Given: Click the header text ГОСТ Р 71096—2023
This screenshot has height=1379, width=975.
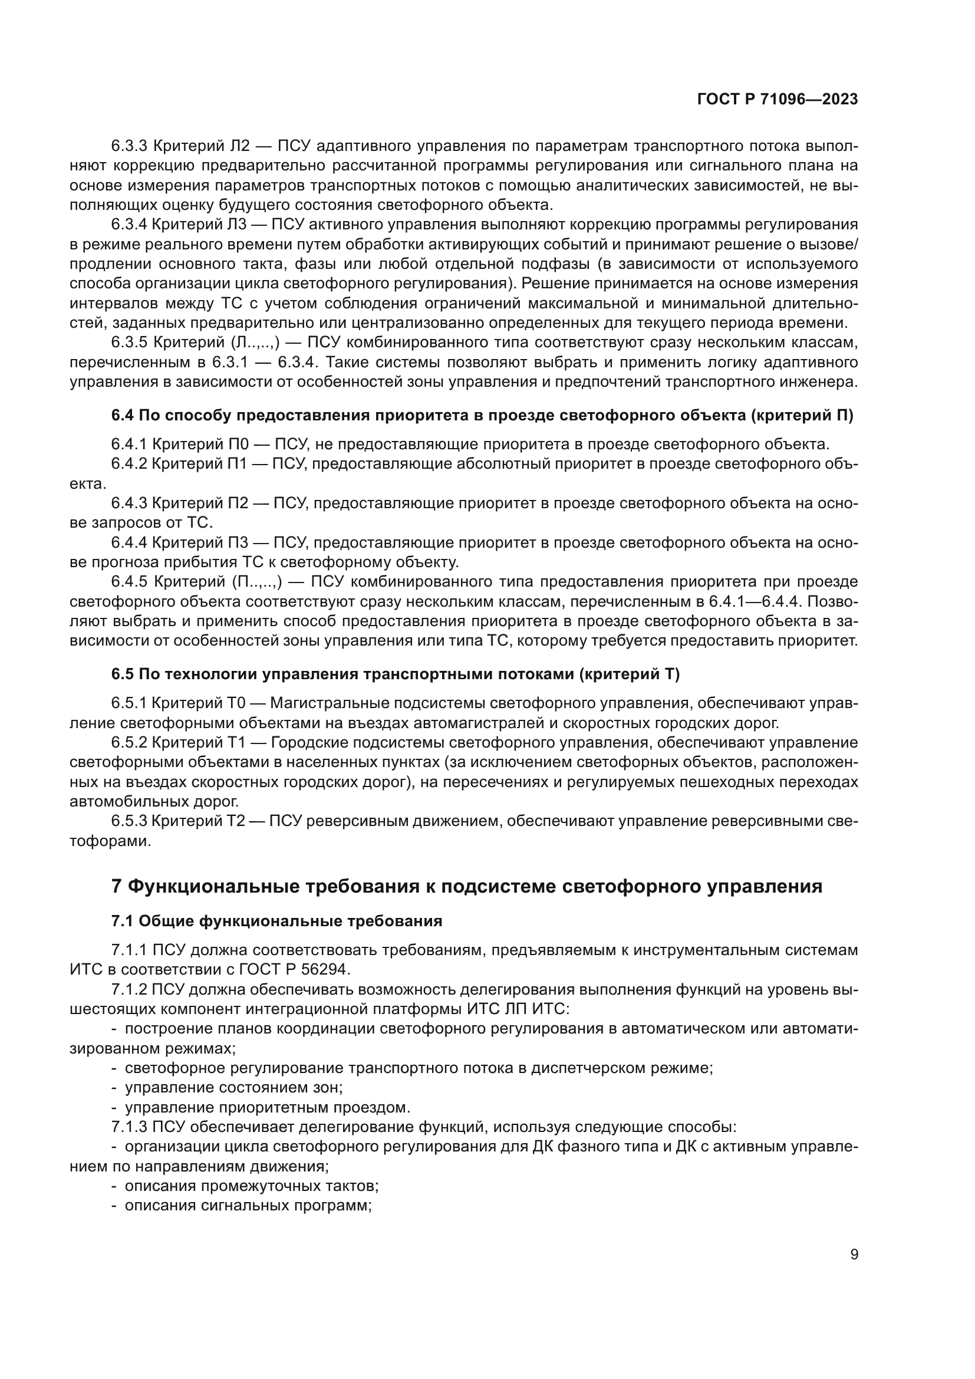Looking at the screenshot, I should click(778, 100).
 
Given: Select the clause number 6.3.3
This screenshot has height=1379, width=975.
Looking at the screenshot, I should click(129, 146).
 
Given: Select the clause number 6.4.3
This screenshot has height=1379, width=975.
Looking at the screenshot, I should click(129, 503).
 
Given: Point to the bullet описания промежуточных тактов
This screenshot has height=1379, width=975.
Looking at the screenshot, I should click(251, 1186).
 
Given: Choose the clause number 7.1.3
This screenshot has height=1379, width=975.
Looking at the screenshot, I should click(129, 1127).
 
